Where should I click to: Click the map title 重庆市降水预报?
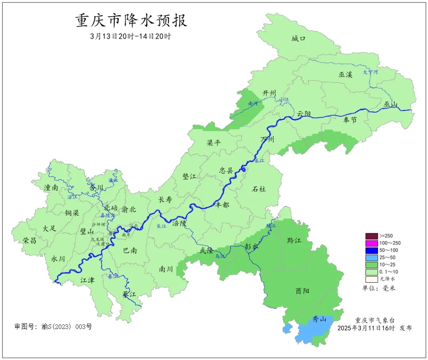pos(131,21)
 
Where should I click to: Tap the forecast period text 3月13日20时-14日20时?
pos(130,36)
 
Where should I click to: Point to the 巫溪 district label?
pos(345,74)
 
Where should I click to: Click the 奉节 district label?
pos(350,120)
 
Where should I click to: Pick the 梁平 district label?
pos(214,143)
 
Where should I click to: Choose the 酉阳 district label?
pos(303,291)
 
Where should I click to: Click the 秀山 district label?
pos(319,319)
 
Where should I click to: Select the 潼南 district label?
pos(51,188)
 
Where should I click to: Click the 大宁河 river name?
pos(371,72)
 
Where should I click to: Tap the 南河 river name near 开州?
pos(253,104)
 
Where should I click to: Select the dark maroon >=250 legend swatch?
pos(371,236)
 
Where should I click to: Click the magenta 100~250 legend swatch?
pos(371,243)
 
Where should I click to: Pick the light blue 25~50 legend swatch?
pos(371,257)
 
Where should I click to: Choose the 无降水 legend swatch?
pos(371,279)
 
